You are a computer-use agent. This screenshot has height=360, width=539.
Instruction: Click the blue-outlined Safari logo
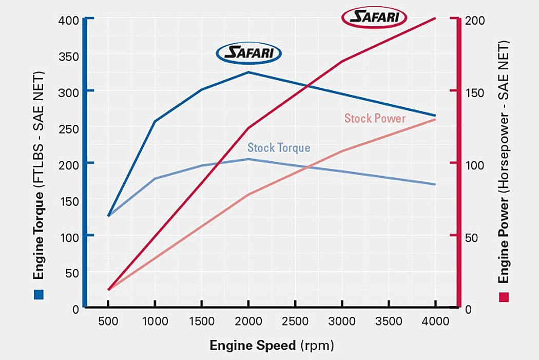click(249, 52)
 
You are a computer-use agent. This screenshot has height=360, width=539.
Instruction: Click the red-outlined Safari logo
click(374, 18)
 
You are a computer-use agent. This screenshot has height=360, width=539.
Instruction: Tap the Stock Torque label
click(279, 148)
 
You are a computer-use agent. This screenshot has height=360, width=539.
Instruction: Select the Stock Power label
click(375, 119)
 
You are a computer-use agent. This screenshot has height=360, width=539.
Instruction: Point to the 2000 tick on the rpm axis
click(248, 321)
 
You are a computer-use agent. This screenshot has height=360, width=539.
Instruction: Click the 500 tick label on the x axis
click(108, 321)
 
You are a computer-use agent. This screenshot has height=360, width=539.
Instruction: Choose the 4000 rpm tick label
click(435, 321)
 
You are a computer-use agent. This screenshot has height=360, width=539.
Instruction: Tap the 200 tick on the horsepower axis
click(473, 21)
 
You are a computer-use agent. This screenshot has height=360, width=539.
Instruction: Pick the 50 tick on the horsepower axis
click(471, 238)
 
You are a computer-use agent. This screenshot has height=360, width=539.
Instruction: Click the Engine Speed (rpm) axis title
click(272, 346)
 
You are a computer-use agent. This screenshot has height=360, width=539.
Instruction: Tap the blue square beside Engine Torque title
click(39, 295)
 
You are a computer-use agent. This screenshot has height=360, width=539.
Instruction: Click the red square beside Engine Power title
click(504, 297)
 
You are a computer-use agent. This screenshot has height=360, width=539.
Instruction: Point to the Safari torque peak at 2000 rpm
click(248, 72)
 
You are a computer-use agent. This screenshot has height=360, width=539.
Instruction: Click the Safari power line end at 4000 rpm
click(435, 18)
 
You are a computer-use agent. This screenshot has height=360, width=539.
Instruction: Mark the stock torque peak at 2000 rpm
click(248, 159)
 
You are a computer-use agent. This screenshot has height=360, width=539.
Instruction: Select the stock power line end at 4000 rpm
click(435, 120)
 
